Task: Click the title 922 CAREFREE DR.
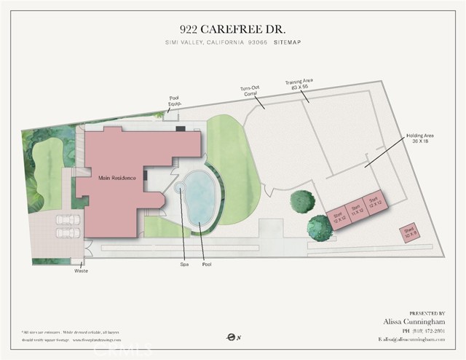[x=232, y=29]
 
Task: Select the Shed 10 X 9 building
[x=408, y=233]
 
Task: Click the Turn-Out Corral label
[x=250, y=91]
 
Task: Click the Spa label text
[x=183, y=264]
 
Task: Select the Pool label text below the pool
[x=206, y=264]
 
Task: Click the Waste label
[x=81, y=270]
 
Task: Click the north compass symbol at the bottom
[x=231, y=337]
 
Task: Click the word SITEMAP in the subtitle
[x=288, y=43]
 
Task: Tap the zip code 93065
[x=256, y=43]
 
